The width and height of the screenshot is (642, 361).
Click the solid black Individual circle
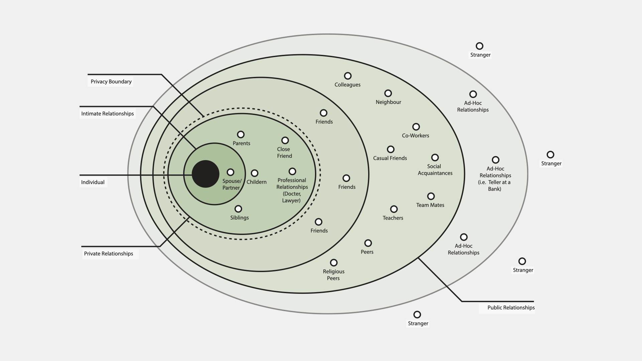tap(205, 174)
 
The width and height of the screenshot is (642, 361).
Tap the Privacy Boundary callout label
tap(111, 82)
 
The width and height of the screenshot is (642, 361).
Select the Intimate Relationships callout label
tap(107, 114)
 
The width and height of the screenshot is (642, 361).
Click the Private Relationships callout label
tap(108, 254)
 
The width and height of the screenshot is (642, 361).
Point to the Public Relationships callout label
tap(511, 308)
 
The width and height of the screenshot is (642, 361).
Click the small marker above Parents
tap(241, 134)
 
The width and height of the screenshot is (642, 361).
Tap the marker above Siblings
tap(238, 209)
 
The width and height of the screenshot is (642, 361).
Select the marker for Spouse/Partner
tap(230, 172)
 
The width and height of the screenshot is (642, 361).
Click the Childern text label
tap(256, 182)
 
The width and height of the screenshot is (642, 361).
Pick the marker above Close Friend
tap(285, 140)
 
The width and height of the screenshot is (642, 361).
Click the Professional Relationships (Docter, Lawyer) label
tap(292, 190)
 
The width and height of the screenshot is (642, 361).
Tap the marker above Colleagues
tap(348, 76)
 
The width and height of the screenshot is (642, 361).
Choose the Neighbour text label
tap(388, 102)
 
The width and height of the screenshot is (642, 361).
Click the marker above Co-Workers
tap(416, 127)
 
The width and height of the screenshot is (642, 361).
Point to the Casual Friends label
tap(390, 158)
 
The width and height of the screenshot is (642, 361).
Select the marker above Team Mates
tap(431, 196)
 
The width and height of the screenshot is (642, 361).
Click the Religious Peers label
tap(333, 275)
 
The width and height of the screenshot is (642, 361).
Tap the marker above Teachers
tap(394, 209)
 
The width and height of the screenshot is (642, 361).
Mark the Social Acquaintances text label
tap(435, 170)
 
